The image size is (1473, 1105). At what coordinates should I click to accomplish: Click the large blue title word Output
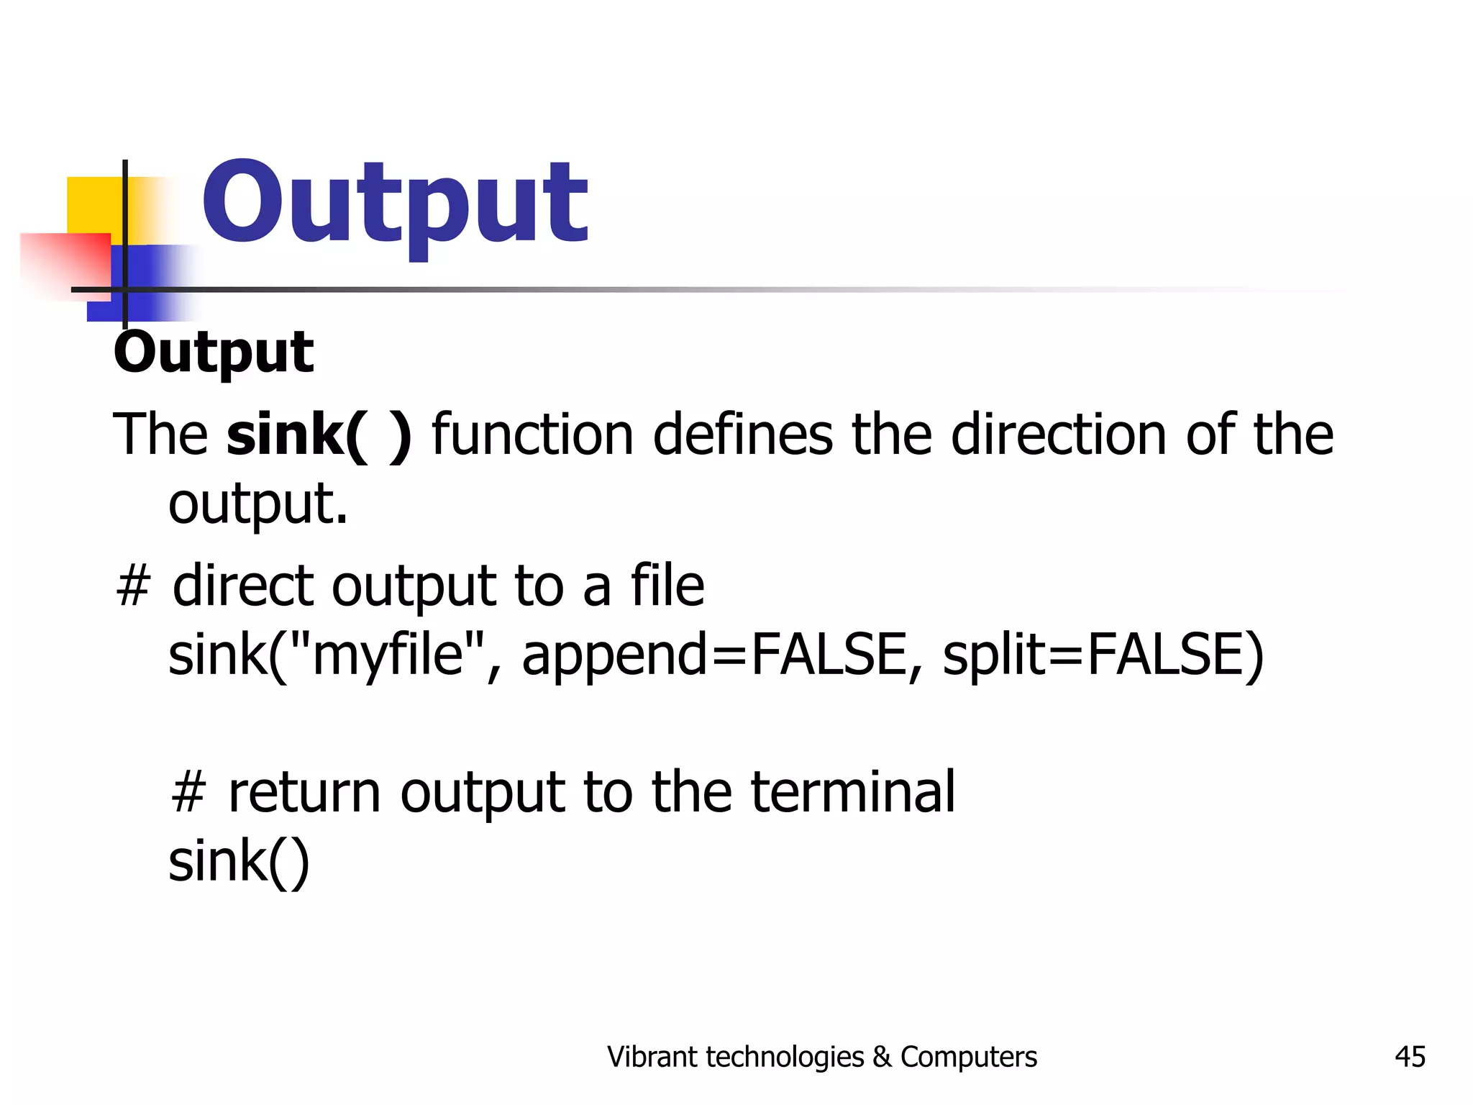[395, 204]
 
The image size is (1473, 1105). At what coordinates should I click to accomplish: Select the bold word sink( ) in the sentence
[319, 435]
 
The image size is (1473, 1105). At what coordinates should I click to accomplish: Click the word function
[532, 435]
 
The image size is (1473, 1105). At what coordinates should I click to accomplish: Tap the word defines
[742, 435]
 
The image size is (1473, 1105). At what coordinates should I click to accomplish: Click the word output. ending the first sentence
[258, 504]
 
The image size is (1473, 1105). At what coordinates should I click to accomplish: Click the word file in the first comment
[667, 586]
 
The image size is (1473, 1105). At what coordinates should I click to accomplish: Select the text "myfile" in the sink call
[386, 655]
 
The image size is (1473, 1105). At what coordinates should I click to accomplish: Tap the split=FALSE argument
[1102, 655]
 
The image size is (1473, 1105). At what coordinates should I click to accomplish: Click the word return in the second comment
[304, 792]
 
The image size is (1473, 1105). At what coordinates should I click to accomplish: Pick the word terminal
[853, 792]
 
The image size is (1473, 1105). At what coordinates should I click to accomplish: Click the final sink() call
[239, 861]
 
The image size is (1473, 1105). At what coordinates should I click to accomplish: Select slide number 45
[1410, 1057]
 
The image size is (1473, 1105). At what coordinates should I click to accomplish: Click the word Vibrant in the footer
[652, 1057]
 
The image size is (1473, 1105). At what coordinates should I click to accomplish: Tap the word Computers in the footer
[968, 1057]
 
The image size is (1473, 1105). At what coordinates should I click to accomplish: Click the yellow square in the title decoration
[94, 204]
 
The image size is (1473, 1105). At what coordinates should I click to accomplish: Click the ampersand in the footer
[882, 1057]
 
